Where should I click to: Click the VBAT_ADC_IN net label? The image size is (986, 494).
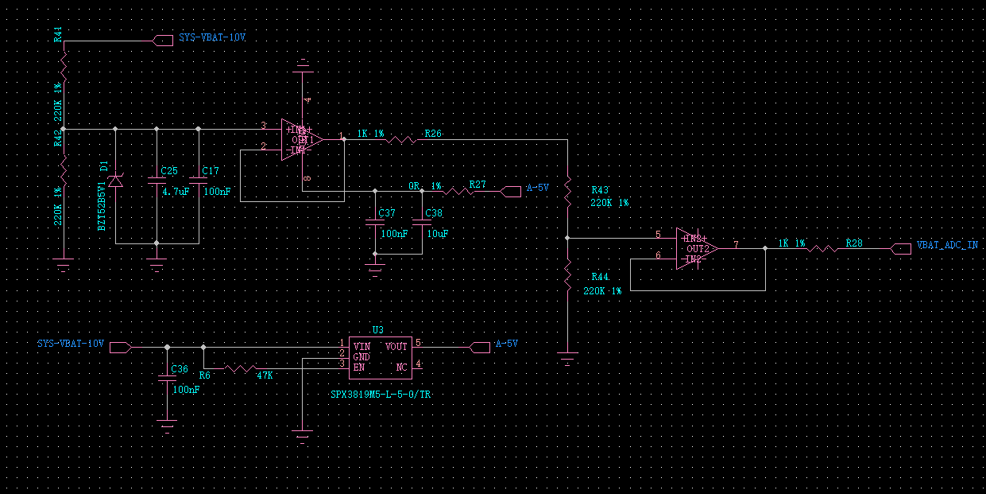coord(947,246)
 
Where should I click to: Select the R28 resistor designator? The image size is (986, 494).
coord(854,243)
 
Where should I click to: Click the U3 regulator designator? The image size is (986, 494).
coord(377,329)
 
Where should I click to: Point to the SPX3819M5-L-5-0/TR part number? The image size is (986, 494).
coord(381,395)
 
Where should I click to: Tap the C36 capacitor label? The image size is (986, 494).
coord(180,369)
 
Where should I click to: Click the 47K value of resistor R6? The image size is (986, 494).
coord(265,375)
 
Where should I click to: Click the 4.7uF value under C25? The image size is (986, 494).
coord(175,192)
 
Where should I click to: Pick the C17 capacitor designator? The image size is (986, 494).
coord(211,171)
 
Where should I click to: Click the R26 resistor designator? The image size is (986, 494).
coord(433,134)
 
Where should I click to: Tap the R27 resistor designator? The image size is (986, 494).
coord(478,184)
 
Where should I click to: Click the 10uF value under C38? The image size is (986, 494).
coord(438,234)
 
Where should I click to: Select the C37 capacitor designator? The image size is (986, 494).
coord(387,213)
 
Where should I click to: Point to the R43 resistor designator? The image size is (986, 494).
coord(600,190)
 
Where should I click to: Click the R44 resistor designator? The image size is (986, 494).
coord(600,276)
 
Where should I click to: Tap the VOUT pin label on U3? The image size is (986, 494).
coord(396,346)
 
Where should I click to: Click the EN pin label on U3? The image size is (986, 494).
coord(360,367)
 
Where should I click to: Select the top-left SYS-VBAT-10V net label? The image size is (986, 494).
coord(212,37)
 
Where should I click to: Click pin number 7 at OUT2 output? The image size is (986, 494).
coord(737,244)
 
